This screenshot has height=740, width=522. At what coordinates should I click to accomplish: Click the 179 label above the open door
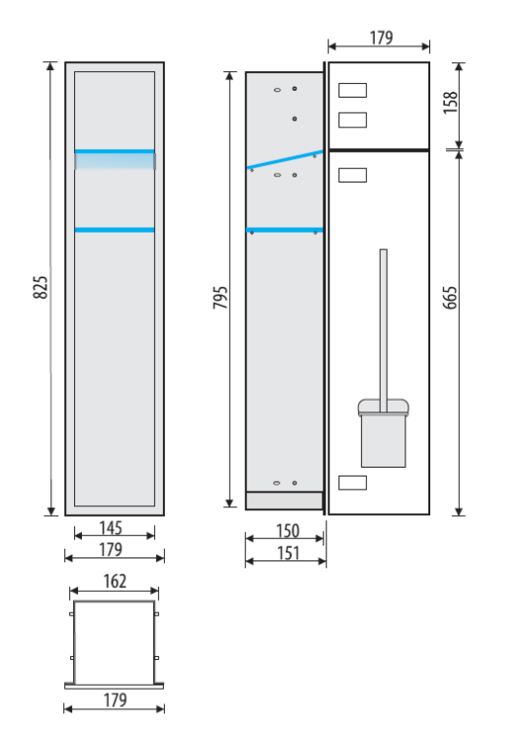[378, 37]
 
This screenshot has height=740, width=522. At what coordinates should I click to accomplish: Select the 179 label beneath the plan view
[114, 700]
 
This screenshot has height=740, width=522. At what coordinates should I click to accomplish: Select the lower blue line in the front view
[114, 230]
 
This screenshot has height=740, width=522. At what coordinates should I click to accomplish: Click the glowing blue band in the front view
[114, 159]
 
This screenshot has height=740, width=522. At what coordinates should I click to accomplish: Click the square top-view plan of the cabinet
[114, 640]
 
